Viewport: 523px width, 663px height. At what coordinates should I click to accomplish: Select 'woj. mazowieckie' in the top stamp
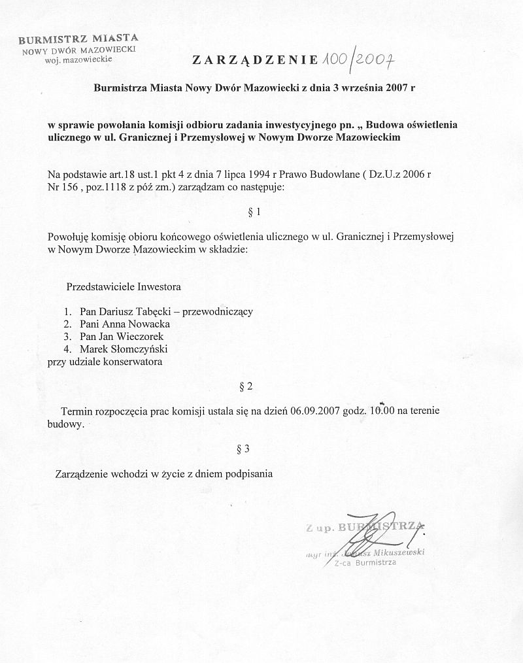click(x=79, y=59)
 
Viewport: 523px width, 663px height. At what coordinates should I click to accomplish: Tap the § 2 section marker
click(x=246, y=386)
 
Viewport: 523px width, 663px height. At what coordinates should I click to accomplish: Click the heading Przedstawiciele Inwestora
click(x=124, y=286)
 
